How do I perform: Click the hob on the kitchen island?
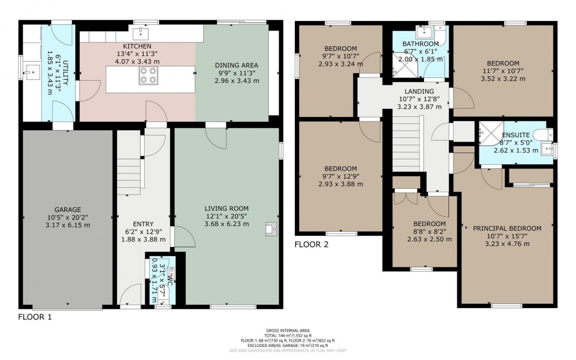(149, 75)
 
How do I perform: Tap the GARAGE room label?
(68, 209)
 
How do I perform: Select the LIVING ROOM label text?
(226, 209)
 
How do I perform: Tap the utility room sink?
(30, 71)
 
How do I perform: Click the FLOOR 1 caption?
(35, 317)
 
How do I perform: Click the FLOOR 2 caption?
(312, 245)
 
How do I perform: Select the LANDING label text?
(419, 92)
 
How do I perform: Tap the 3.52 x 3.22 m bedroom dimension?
(502, 80)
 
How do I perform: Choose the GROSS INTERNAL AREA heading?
(288, 331)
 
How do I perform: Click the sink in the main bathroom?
(421, 32)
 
